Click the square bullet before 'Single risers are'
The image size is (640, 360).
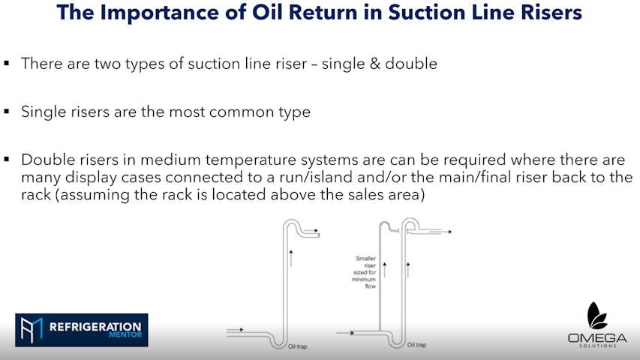tap(7, 111)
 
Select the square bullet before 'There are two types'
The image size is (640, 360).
tap(7, 63)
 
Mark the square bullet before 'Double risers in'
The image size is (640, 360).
tap(7, 159)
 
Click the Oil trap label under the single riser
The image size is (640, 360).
tap(297, 346)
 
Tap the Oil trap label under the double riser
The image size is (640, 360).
tap(416, 345)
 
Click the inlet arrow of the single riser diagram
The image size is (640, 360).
tap(235, 329)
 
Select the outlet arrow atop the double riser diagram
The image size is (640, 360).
tap(440, 232)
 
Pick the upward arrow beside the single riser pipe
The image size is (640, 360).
tap(291, 258)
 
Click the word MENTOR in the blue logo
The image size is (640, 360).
tap(125, 335)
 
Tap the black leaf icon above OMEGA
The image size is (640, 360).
tap(596, 316)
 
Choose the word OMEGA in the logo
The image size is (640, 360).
tap(597, 338)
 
